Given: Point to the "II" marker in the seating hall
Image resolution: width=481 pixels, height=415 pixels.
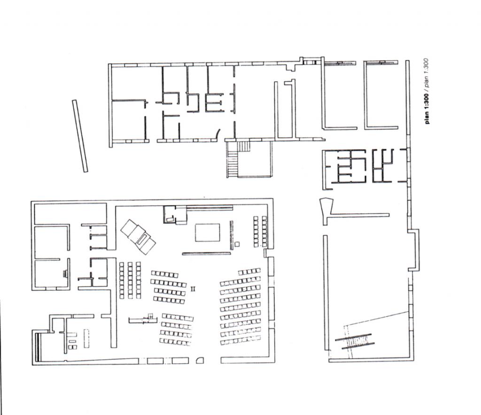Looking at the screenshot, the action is [x=193, y=289].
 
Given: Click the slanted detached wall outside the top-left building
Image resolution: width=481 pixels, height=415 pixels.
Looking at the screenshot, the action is [x=80, y=136].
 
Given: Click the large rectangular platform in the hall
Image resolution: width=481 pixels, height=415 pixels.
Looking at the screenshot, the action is [x=208, y=233].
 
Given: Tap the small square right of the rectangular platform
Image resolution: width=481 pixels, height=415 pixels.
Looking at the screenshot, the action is [x=237, y=244].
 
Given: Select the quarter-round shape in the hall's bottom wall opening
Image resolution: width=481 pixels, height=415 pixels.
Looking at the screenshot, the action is [x=200, y=360].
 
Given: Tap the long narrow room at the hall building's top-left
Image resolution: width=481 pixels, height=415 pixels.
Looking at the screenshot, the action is [x=70, y=214].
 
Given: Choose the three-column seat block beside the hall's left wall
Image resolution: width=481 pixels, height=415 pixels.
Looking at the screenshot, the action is [x=131, y=280].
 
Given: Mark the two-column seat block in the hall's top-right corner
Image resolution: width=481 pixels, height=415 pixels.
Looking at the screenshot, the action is [x=260, y=231].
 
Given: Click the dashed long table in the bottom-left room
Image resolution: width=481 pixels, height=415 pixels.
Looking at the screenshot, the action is [x=86, y=338].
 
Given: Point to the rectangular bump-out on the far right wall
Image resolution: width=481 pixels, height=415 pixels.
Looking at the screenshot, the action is [x=414, y=250].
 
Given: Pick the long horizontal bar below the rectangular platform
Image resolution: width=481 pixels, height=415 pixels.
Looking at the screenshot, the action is [x=206, y=253].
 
